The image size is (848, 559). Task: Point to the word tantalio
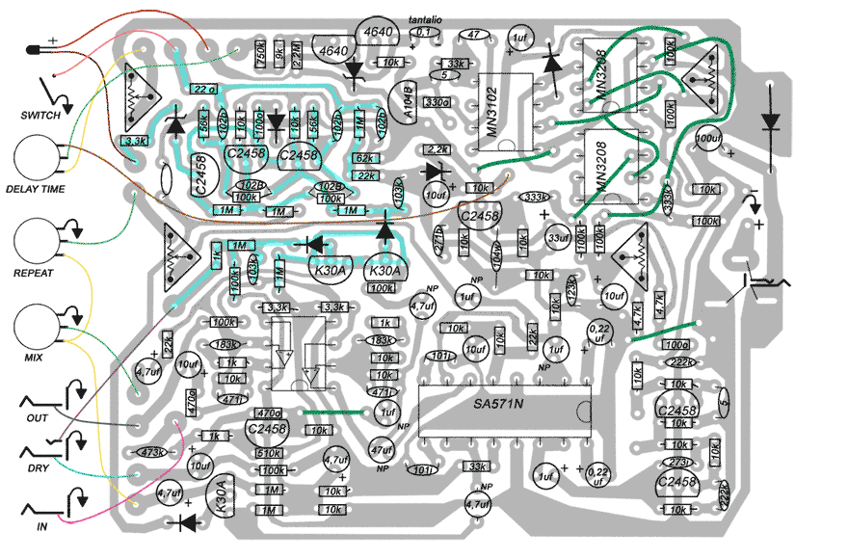[426, 18]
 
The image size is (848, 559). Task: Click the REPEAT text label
[34, 273]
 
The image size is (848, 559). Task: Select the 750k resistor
[261, 54]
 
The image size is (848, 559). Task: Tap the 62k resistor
[364, 158]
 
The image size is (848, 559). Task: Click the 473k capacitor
[149, 451]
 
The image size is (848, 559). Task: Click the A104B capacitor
[409, 101]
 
